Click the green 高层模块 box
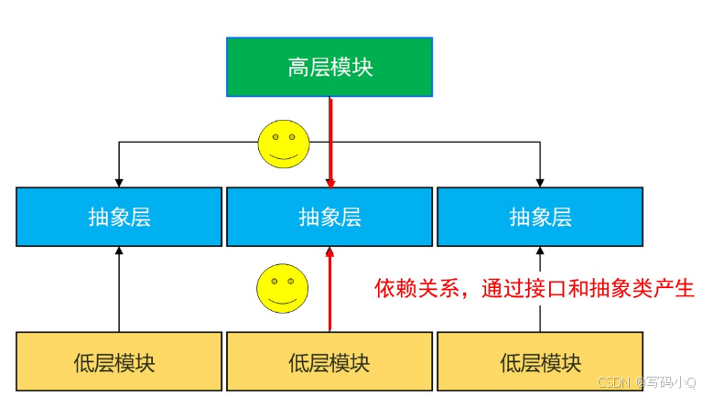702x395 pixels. click(x=329, y=67)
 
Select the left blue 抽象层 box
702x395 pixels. click(x=119, y=217)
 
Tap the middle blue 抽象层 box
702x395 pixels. click(x=329, y=217)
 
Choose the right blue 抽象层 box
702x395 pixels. click(x=540, y=217)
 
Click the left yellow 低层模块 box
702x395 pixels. click(x=119, y=361)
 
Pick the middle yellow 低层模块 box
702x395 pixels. click(x=329, y=361)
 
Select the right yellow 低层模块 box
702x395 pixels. click(x=540, y=361)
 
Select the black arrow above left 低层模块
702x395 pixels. click(x=119, y=293)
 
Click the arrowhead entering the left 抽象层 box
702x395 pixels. click(x=119, y=181)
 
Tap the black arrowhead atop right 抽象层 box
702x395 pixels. click(x=540, y=181)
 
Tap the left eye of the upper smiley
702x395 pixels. click(x=274, y=138)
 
